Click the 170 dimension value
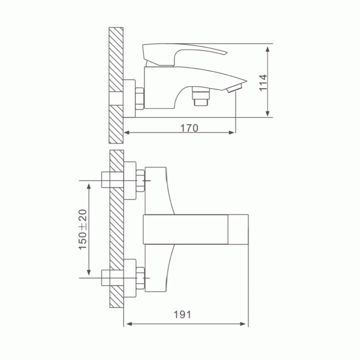[x=189, y=128]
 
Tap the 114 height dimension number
[x=263, y=83]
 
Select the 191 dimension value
[x=182, y=315]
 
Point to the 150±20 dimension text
[x=83, y=229]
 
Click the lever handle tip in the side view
[x=226, y=53]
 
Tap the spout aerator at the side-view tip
[x=234, y=88]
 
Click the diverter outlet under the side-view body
[x=202, y=96]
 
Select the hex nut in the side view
[x=139, y=99]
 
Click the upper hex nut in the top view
[x=140, y=181]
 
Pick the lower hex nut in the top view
[x=140, y=278]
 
